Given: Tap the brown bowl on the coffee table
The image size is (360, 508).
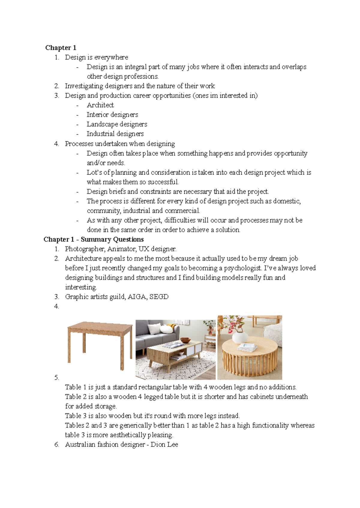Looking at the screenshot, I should [185, 340].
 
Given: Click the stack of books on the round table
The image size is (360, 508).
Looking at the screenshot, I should [247, 348].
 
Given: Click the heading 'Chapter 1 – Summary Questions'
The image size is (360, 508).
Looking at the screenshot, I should [94, 239].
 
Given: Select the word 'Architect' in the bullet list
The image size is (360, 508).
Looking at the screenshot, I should [100, 105].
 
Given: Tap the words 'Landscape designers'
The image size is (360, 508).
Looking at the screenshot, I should [117, 124].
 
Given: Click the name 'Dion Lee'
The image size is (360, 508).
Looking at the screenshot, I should [164, 444].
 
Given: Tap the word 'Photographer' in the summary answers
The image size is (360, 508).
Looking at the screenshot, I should [85, 249].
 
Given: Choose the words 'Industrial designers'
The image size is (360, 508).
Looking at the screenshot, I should [115, 134].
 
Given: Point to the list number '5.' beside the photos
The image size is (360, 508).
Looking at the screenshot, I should [57, 378].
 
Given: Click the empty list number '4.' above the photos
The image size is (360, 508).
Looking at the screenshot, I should [57, 306].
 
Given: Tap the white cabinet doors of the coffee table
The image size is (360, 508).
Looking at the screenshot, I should [194, 349].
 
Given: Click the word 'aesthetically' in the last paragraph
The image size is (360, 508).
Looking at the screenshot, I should [128, 435].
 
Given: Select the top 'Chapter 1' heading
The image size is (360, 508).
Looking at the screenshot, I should [61, 48].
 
